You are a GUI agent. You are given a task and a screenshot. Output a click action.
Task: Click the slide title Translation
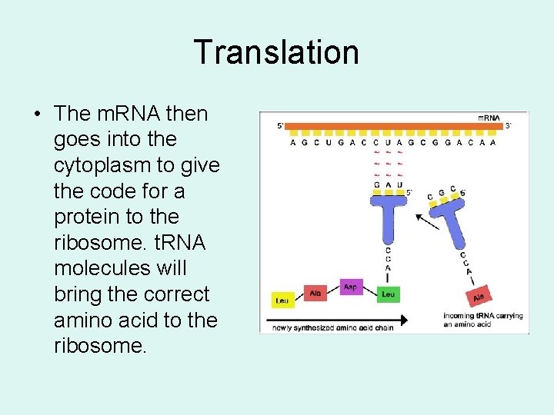[276, 52]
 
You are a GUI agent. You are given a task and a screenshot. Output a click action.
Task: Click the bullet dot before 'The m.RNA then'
[37, 115]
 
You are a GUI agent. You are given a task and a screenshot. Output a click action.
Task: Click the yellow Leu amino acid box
[283, 300]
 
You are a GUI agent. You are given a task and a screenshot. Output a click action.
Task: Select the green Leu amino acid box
[389, 294]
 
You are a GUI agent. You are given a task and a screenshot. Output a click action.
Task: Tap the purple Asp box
[351, 287]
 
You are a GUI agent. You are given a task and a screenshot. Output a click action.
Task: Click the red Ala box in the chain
[315, 293]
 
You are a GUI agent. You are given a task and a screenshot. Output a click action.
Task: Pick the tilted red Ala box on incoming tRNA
[478, 295]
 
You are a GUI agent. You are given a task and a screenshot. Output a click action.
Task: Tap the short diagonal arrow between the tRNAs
[427, 223]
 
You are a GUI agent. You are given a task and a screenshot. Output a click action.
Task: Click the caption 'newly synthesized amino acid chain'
[327, 329]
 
